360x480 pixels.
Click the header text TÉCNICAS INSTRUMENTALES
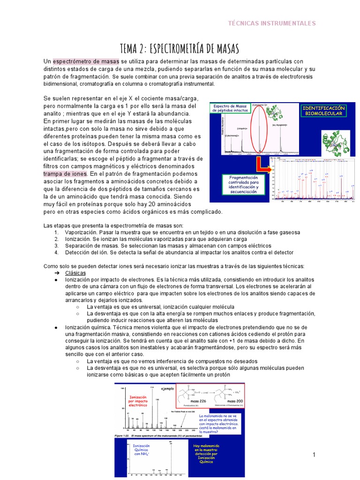[x=271, y=23]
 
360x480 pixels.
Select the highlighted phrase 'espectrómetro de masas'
[x=86, y=61]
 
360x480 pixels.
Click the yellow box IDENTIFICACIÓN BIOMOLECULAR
[x=324, y=111]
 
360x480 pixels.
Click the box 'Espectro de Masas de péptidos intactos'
[x=230, y=109]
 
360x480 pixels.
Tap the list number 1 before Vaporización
[x=56, y=232]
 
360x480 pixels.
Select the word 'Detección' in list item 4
[x=78, y=252]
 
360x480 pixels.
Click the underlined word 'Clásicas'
[x=75, y=272]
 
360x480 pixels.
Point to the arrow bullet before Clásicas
[x=56, y=272]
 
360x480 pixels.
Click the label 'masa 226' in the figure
[x=200, y=402]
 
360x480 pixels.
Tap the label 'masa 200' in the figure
[x=235, y=402]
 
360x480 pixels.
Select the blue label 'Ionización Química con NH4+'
[x=142, y=450]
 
